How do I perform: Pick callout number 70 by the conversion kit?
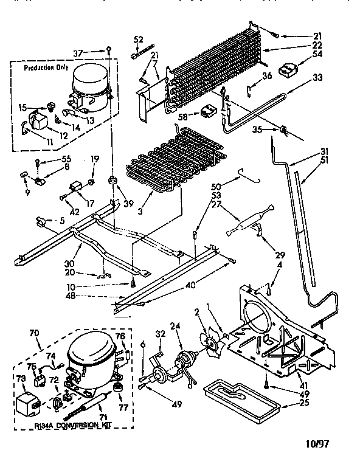33,333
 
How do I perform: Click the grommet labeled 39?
112,181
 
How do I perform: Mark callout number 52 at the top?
138,41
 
